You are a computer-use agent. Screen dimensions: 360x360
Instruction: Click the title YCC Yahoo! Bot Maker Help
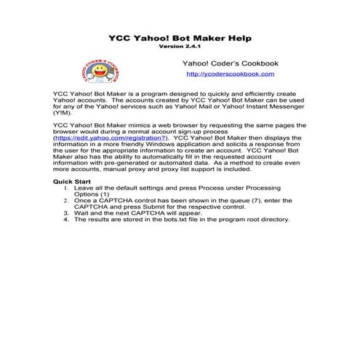180,36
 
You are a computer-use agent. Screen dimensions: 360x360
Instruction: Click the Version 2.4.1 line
180,45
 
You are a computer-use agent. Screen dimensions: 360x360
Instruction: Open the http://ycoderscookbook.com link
230,74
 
